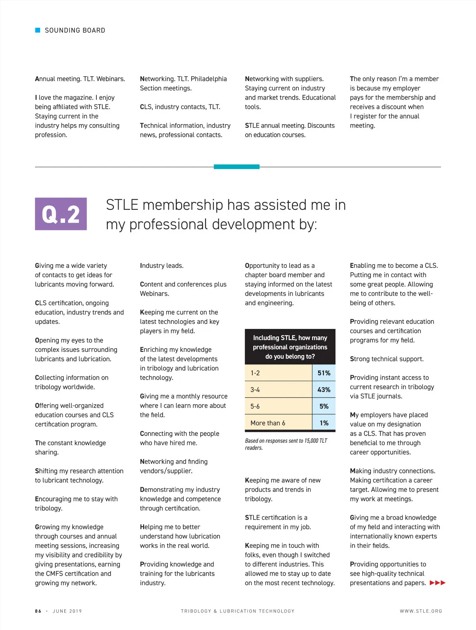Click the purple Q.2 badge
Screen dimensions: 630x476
[x=61, y=214]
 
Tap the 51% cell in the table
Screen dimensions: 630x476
[x=324, y=373]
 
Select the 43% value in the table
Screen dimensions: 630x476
[x=324, y=390]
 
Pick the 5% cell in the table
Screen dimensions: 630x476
[x=324, y=406]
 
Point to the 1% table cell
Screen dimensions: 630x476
[x=324, y=423]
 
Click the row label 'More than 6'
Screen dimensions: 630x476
[x=268, y=423]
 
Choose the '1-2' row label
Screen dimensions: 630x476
[x=255, y=373]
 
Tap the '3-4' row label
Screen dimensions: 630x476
[x=255, y=390]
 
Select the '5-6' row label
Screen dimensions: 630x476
[x=255, y=406]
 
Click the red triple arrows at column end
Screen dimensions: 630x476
[x=438, y=583]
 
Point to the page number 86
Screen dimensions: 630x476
[x=38, y=611]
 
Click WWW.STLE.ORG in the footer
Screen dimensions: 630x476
[x=421, y=611]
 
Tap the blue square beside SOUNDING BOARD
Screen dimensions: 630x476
[x=38, y=30]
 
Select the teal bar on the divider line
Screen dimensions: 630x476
[x=236, y=167]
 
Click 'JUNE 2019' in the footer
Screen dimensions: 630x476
[x=67, y=611]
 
